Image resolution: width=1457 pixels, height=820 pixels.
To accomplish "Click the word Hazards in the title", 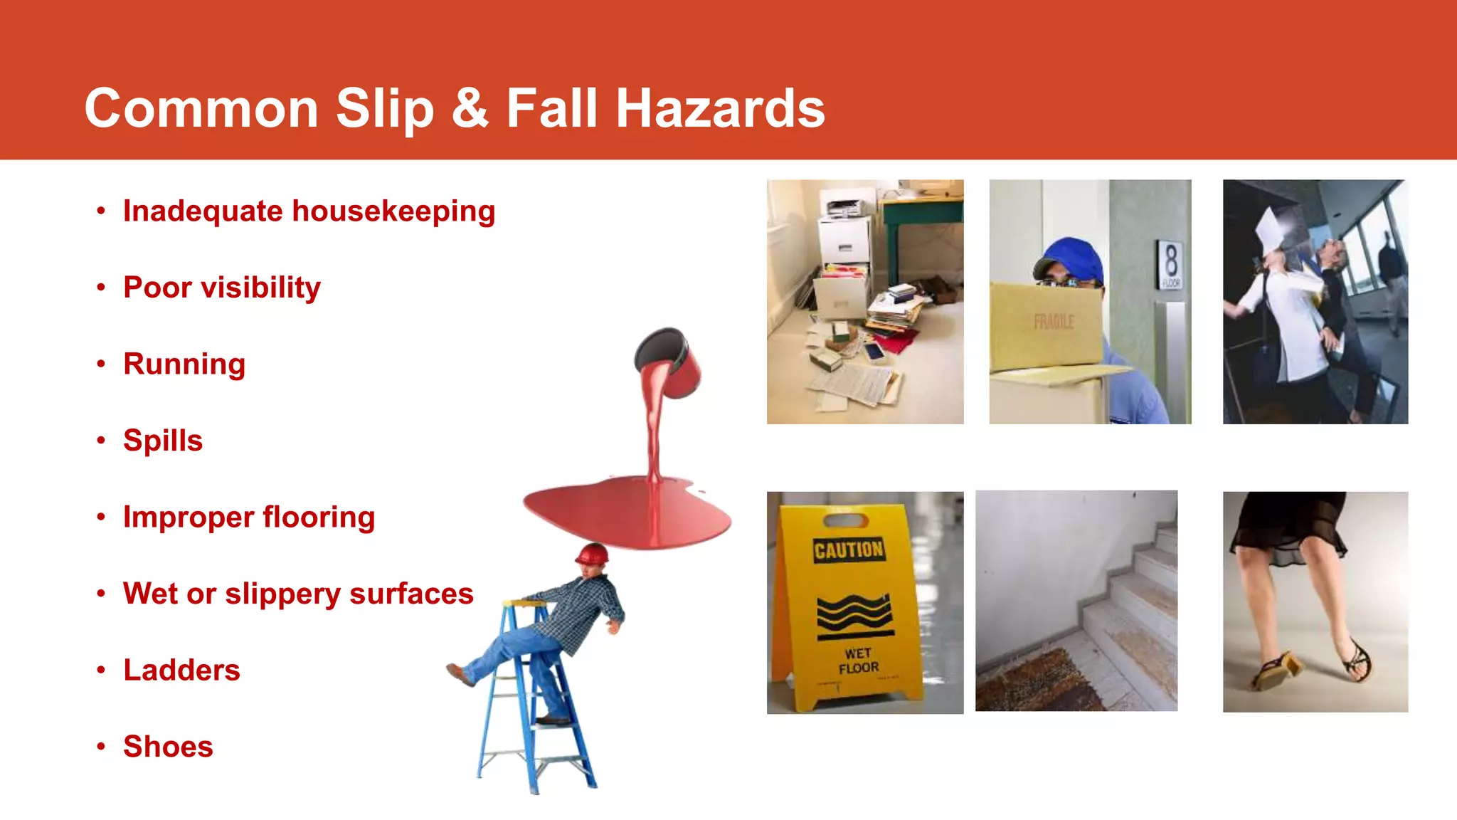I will point(720,109).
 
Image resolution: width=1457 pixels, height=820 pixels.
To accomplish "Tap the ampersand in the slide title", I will point(470,109).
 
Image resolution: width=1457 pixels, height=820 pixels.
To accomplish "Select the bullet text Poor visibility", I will point(222,288).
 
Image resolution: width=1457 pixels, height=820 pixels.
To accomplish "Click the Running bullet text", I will point(184,364).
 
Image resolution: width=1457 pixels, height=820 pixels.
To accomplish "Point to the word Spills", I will point(163,441).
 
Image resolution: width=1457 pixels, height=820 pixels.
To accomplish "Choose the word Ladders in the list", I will point(181,670).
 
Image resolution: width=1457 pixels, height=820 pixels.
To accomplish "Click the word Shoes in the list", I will point(168,747).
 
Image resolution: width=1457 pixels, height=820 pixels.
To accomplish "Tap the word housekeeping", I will point(393,211).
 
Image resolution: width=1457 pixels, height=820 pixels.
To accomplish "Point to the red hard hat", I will point(592,554).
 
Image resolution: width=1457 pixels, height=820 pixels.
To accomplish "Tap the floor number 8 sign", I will point(1170,264).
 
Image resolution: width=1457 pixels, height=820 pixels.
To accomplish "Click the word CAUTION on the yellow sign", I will point(849,550).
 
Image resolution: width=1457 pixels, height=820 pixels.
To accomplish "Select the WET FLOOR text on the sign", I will point(858,661).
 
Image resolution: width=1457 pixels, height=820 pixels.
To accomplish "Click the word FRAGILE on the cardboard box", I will point(1054,322).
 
